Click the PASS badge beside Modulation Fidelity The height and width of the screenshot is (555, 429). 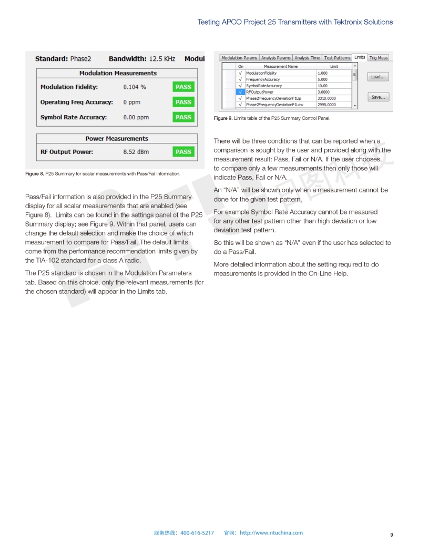[x=183, y=87]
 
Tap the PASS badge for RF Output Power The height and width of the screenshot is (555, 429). [x=183, y=152]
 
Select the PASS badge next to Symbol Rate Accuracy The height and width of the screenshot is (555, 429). [x=183, y=117]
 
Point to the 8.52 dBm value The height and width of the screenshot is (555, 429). [x=136, y=152]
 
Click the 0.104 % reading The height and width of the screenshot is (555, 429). [x=135, y=87]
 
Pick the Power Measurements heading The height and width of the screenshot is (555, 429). [x=117, y=139]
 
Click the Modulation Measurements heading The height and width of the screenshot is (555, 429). [x=118, y=73]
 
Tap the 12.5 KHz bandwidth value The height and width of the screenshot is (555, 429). [x=162, y=59]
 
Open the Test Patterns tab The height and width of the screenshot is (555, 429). [x=337, y=58]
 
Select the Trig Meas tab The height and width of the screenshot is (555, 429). [x=379, y=58]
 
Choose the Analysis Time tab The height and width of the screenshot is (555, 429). [x=307, y=58]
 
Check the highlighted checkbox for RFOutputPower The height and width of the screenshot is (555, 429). [x=240, y=92]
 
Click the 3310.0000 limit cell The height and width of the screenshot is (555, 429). [x=328, y=98]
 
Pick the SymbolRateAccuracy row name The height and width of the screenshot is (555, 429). [x=264, y=86]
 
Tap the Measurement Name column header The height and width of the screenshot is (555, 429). [x=281, y=66]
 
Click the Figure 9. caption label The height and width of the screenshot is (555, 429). [x=223, y=118]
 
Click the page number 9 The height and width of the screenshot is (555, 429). [x=392, y=535]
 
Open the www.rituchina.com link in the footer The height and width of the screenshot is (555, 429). [x=271, y=533]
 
